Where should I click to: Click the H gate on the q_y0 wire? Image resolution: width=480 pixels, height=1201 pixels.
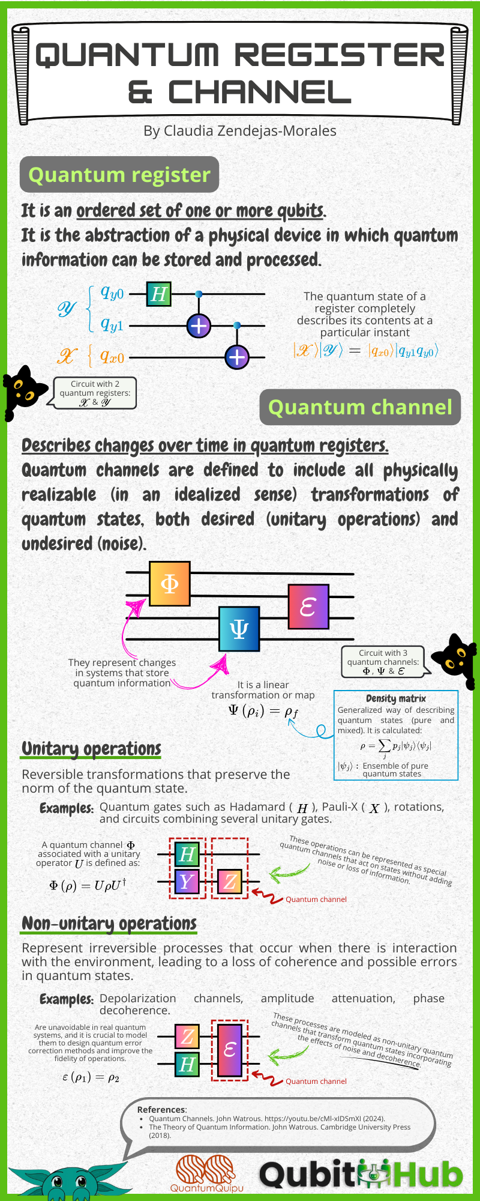pos(158,294)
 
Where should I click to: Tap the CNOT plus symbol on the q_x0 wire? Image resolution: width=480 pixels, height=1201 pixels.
pos(237,357)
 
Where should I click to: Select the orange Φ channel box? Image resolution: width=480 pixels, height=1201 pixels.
pos(170,584)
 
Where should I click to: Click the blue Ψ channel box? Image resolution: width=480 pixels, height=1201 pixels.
pos(239,629)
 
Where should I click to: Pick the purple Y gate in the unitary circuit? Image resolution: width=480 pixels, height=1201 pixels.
pos(187,882)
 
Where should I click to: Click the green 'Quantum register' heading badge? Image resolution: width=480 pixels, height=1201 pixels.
pos(119,175)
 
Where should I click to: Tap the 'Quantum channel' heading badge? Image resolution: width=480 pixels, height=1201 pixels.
pos(360,407)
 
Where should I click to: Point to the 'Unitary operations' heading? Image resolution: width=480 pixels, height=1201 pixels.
pos(91,749)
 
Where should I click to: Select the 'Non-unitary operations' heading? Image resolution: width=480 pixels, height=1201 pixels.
pos(109,923)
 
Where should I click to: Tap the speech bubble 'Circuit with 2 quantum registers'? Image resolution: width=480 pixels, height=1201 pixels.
pos(95,393)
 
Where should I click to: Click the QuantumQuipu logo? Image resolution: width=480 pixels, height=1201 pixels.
pos(207,1173)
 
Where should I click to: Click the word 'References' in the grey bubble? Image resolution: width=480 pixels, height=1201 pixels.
pos(161,1110)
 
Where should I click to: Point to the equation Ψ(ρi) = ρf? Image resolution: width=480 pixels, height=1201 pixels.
pos(263,712)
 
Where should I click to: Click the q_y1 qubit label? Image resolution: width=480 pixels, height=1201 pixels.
pos(112,325)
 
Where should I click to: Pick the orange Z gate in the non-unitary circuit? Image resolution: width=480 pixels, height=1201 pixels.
pos(187,1036)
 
